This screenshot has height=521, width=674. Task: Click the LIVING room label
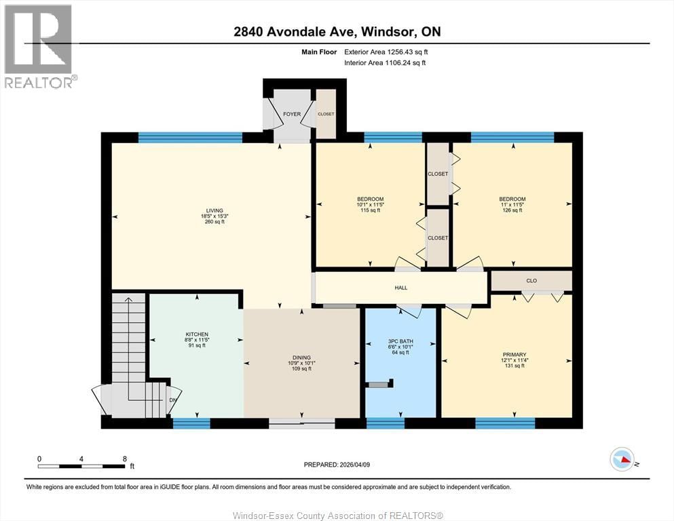point(214,210)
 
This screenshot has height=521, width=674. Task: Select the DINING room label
point(301,358)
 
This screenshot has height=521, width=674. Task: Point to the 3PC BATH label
point(400,341)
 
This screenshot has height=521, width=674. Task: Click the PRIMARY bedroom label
point(514,354)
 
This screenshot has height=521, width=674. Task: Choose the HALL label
point(401,288)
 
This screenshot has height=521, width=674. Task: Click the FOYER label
point(292,114)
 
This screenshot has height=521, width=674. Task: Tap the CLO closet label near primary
point(531,280)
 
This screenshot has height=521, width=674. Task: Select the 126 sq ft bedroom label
point(512,199)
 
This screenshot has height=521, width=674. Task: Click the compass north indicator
point(622,460)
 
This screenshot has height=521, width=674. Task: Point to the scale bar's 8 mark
point(124,459)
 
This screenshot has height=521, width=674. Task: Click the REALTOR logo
point(39,46)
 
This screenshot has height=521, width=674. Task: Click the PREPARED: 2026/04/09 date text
point(337,465)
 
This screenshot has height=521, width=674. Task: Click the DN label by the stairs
point(172,400)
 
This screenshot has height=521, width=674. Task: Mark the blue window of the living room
point(190,138)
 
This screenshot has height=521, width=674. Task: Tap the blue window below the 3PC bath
point(386,423)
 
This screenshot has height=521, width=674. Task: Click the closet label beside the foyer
point(326,114)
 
